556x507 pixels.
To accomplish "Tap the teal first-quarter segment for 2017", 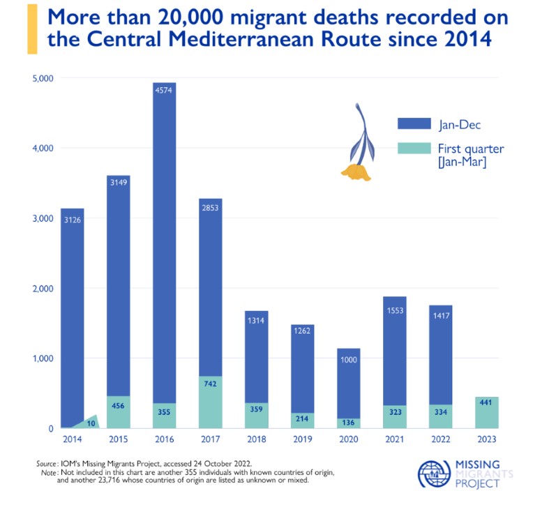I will tap(210, 402).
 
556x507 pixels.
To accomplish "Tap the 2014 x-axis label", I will tap(72, 440).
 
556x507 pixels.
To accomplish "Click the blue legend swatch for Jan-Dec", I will tap(413, 123).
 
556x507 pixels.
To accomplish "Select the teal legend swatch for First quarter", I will tap(413, 149).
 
